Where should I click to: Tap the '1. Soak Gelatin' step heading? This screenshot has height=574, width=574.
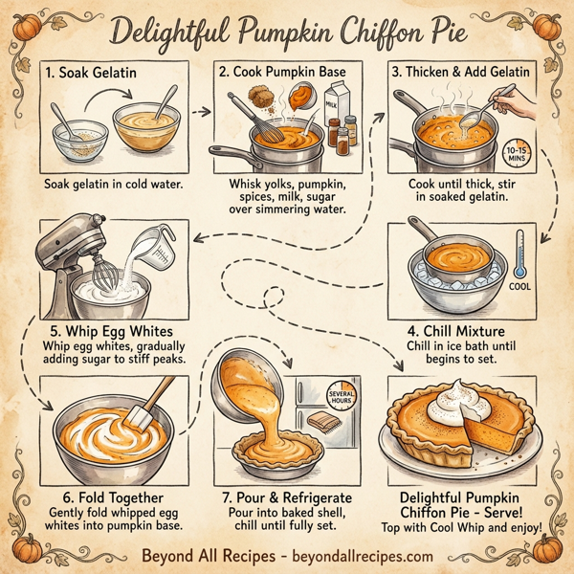coord(90,70)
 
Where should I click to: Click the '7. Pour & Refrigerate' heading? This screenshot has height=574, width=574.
coord(286,498)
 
